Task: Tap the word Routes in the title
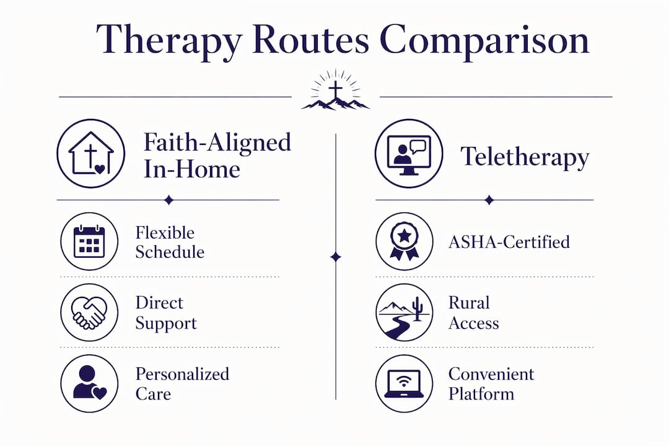(x=310, y=40)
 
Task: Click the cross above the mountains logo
(x=335, y=89)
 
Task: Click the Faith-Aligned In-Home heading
(x=217, y=155)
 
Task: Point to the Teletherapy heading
(x=525, y=157)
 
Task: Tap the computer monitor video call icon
(x=409, y=154)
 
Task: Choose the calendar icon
(x=89, y=242)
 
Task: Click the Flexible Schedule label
(x=170, y=242)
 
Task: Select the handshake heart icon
(x=89, y=312)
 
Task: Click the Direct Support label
(x=166, y=313)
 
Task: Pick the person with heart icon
(x=89, y=383)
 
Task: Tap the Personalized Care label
(x=182, y=383)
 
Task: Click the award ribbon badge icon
(x=404, y=242)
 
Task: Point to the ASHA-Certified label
(x=509, y=242)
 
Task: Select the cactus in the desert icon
(x=418, y=308)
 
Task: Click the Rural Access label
(x=474, y=313)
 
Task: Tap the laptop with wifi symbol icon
(x=404, y=383)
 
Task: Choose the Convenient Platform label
(x=491, y=383)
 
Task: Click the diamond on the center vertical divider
(x=336, y=257)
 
